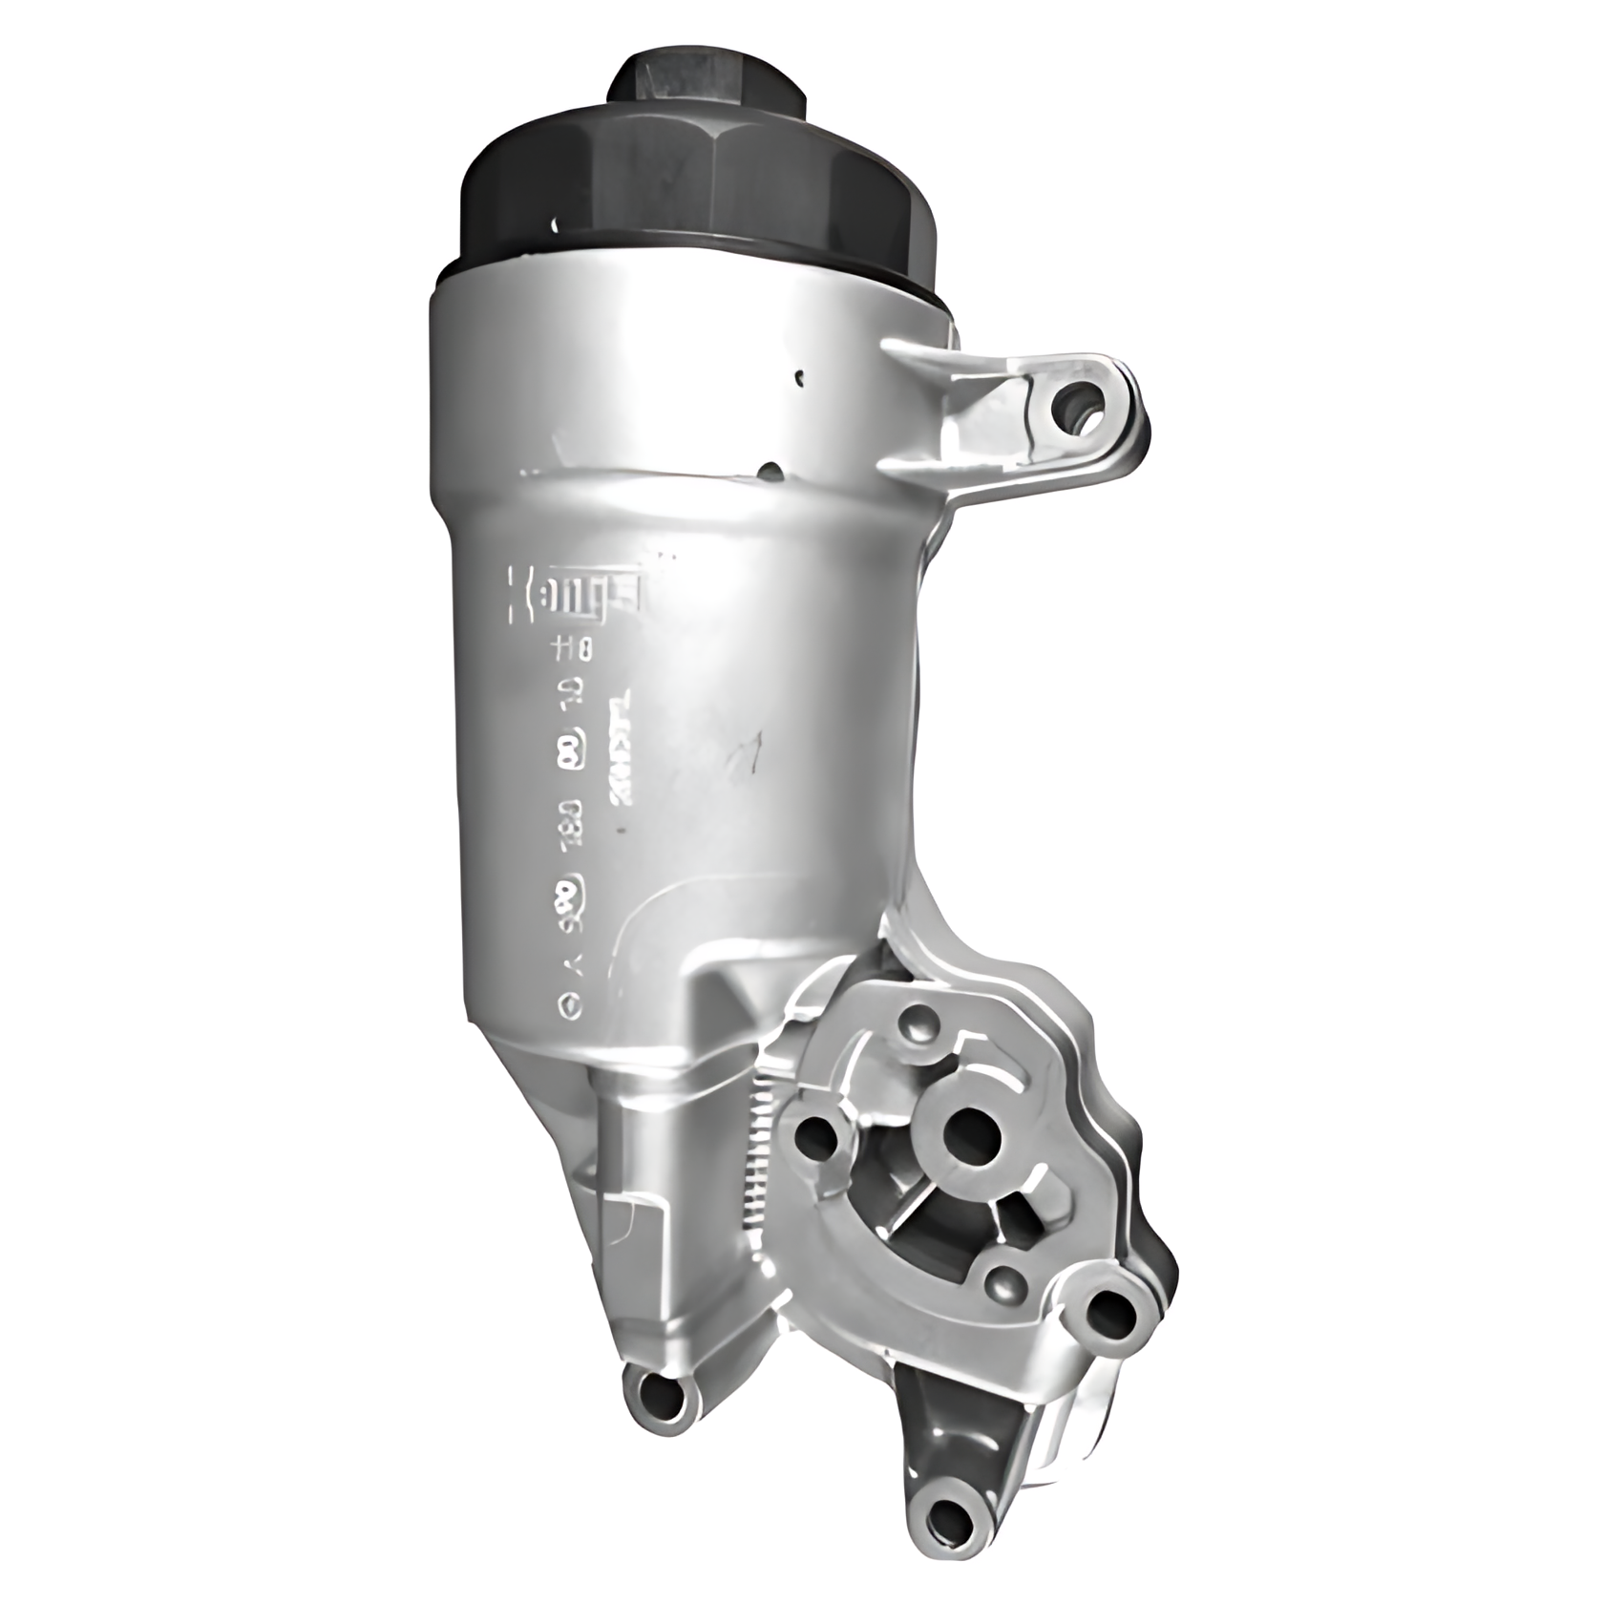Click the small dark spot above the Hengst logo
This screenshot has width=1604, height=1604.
[x=770, y=470]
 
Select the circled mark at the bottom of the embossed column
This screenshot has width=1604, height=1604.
[x=570, y=1004]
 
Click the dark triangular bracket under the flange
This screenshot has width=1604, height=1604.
[x=940, y=1423]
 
